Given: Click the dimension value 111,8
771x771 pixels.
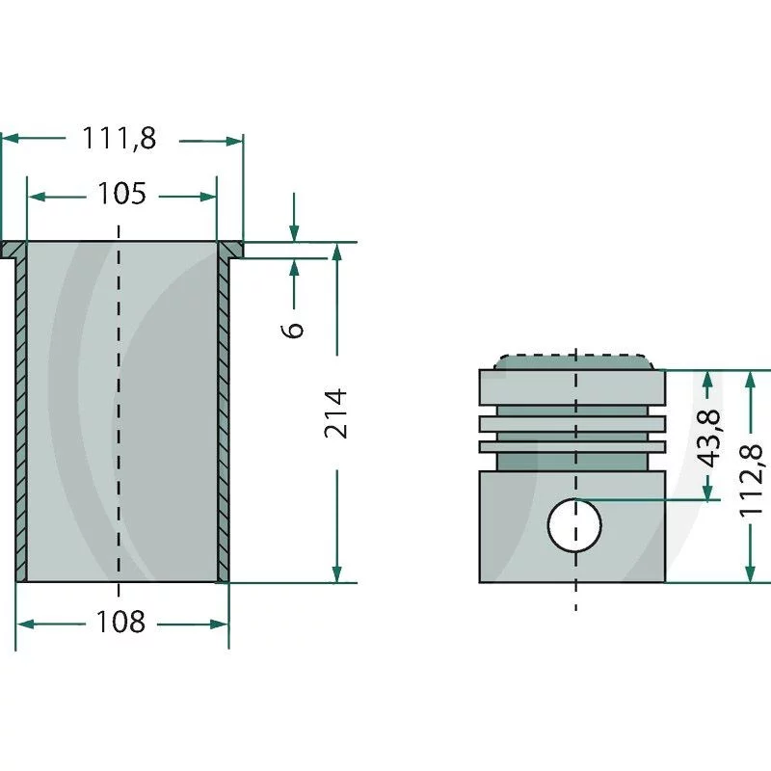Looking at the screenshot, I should click(x=119, y=140).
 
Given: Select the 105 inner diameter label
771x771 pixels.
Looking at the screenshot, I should click(x=121, y=196).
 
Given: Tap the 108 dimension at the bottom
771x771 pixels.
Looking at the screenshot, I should click(x=120, y=623).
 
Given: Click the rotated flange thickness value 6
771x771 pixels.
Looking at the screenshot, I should click(x=295, y=328).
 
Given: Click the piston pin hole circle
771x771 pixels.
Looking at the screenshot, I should click(x=574, y=525).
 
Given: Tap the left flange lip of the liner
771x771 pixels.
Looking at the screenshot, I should click(x=13, y=251).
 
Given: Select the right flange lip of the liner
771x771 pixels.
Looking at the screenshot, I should click(x=231, y=251).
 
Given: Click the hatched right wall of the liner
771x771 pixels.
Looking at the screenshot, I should click(x=224, y=414).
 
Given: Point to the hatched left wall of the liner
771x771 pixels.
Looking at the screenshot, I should click(x=20, y=414).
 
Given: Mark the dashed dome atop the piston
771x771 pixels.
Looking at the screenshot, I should click(x=574, y=360).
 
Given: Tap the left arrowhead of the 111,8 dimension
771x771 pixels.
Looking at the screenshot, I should click(x=9, y=140).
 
